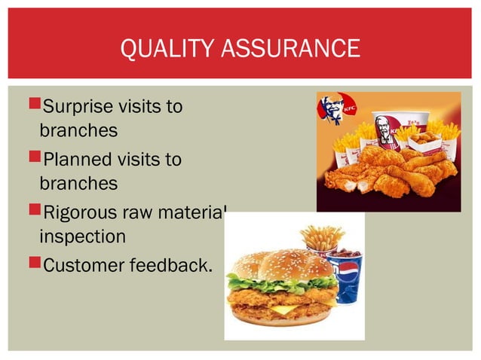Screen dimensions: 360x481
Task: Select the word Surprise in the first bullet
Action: pyautogui.click(x=78, y=106)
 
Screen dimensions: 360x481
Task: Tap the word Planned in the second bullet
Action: pyautogui.click(x=75, y=159)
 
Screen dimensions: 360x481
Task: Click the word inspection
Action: pyautogui.click(x=82, y=236)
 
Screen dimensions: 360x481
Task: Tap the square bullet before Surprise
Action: pyautogui.click(x=30, y=106)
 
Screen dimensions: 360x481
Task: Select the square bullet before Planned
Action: pyautogui.click(x=30, y=159)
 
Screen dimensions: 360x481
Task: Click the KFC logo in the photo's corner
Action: pyautogui.click(x=332, y=110)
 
